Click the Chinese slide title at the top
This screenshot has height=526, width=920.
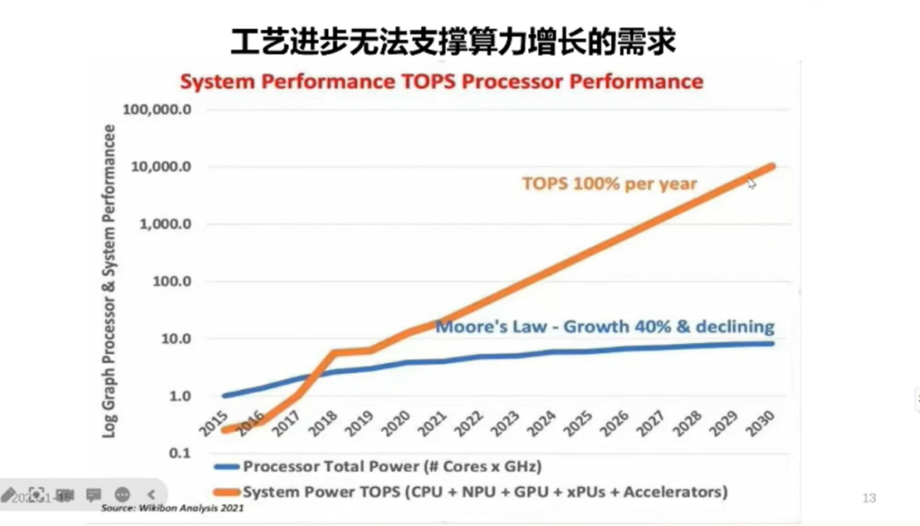452,41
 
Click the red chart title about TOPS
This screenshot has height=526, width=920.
441,82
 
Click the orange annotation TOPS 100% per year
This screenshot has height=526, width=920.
609,183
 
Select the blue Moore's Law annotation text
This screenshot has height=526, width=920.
605,327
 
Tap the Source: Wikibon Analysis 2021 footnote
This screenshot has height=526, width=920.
173,508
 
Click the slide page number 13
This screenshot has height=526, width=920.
869,498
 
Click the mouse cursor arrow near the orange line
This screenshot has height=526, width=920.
752,182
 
